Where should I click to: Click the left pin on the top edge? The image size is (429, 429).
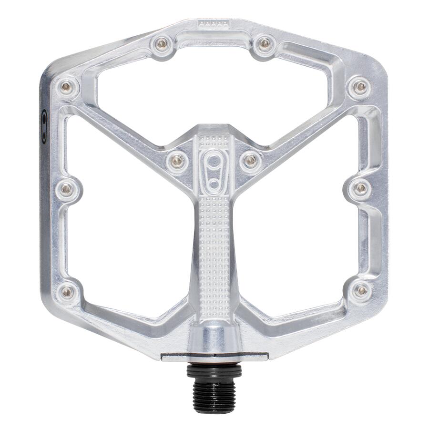(x=162, y=44)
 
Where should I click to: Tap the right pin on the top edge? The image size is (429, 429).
(x=265, y=44)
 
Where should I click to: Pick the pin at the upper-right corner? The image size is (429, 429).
(x=361, y=86)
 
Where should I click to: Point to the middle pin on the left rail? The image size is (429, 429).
(x=67, y=189)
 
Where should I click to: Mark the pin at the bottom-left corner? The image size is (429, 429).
(x=68, y=291)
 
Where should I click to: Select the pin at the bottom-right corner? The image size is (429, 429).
(x=362, y=290)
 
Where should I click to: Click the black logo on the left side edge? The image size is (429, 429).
(x=44, y=126)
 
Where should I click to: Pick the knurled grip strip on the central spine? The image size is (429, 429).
(x=214, y=248)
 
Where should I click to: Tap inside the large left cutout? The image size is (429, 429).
(x=129, y=224)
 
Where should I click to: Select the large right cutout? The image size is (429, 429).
(x=300, y=224)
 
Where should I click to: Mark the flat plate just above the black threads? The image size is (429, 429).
(x=214, y=357)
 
